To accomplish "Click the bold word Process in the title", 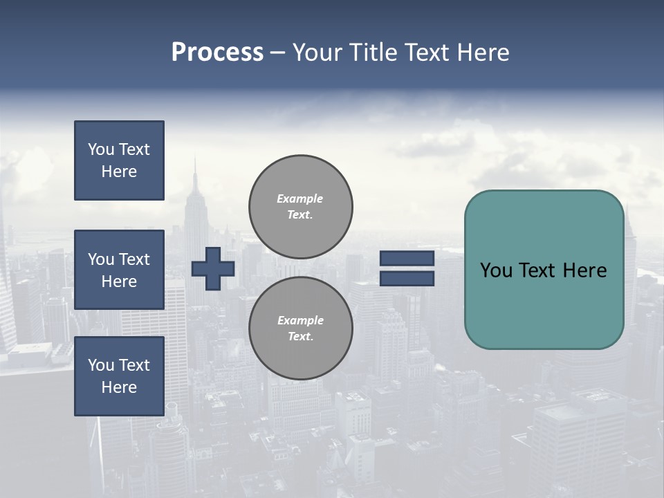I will point(217,52).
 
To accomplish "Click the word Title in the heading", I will point(374,52).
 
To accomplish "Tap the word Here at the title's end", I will point(482,52).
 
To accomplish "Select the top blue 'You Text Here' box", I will point(119,160).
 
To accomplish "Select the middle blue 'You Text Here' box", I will point(119,270).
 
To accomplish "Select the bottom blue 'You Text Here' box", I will point(119,376).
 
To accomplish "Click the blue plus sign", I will point(213,268).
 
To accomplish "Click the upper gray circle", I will point(300,207).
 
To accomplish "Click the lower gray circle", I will point(300,328).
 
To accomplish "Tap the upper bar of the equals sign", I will point(407,259).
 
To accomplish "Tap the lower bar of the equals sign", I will point(407,278).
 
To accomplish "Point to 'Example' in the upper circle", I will point(299,199).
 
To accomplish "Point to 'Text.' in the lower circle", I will point(300,336).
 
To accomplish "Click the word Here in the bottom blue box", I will point(119,387).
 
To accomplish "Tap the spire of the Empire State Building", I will point(194,169).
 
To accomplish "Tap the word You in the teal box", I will point(497,270).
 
